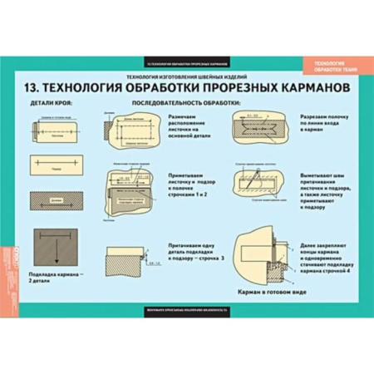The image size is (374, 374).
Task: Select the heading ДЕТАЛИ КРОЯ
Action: (52, 104)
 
